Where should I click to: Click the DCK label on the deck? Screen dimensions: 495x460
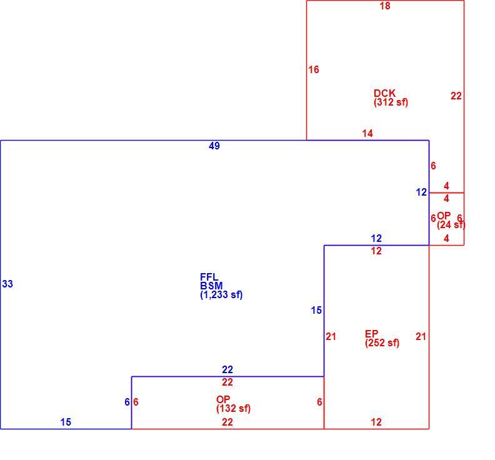pyautogui.click(x=384, y=93)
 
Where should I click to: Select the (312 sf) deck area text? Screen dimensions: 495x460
pyautogui.click(x=391, y=102)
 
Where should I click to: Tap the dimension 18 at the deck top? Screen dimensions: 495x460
pyautogui.click(x=385, y=6)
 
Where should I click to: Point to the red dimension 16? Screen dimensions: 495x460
pyautogui.click(x=314, y=69)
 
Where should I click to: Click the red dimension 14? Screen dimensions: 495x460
pyautogui.click(x=367, y=133)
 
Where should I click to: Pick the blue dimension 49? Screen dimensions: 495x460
pyautogui.click(x=214, y=146)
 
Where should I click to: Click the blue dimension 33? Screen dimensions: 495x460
pyautogui.click(x=7, y=284)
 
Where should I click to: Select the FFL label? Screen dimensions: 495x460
pyautogui.click(x=209, y=277)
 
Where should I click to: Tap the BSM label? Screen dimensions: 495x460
pyautogui.click(x=211, y=286)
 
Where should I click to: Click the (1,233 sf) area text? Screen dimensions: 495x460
pyautogui.click(x=221, y=295)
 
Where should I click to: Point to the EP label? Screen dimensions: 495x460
pyautogui.click(x=371, y=334)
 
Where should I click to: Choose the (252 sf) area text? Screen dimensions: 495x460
pyautogui.click(x=382, y=343)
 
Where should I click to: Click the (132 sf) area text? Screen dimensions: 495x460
pyautogui.click(x=233, y=409)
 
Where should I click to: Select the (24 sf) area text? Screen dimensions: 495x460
pyautogui.click(x=451, y=225)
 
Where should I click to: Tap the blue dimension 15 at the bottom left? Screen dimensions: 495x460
pyautogui.click(x=66, y=422)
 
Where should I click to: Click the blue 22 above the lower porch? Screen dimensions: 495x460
pyautogui.click(x=227, y=369)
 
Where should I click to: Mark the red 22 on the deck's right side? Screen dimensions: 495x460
pyautogui.click(x=456, y=96)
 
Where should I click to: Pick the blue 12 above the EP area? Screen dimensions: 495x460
pyautogui.click(x=376, y=238)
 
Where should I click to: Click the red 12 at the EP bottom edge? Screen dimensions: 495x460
pyautogui.click(x=376, y=422)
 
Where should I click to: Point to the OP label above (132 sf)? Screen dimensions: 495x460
pyautogui.click(x=223, y=399)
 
